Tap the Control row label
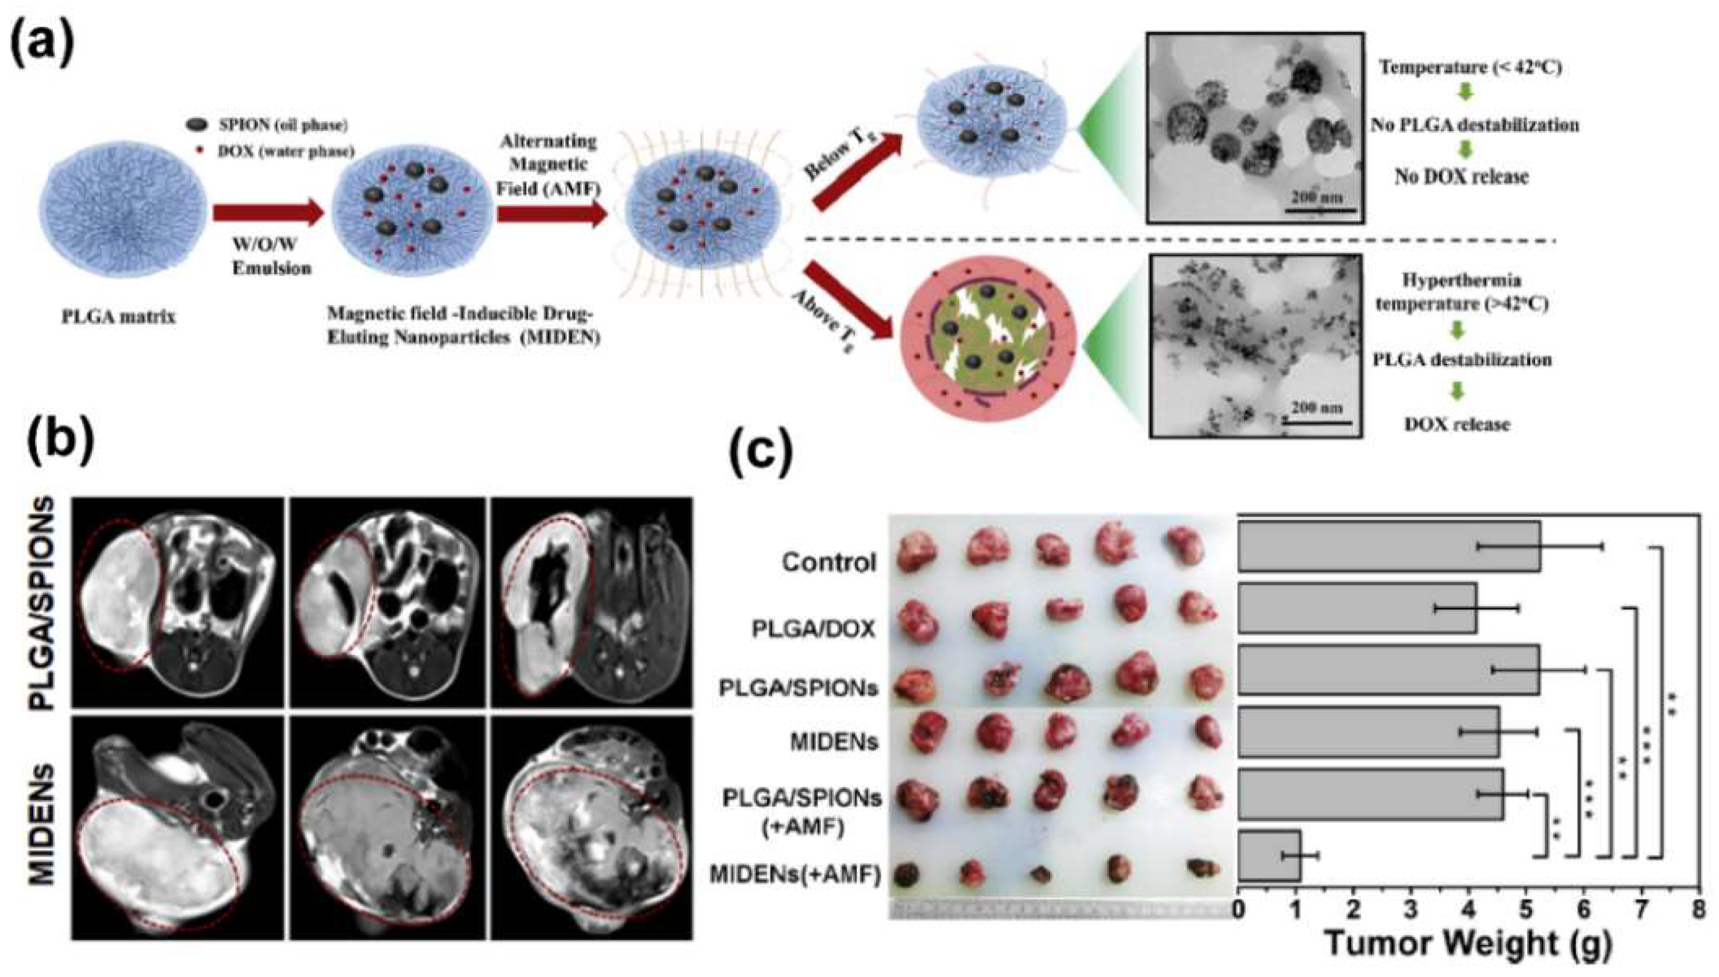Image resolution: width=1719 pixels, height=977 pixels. tap(829, 562)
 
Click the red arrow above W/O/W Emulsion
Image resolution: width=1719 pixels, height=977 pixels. tap(268, 214)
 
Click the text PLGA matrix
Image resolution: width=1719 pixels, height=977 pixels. tap(119, 317)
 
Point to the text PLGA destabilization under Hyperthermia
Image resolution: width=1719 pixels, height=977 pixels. tap(1462, 360)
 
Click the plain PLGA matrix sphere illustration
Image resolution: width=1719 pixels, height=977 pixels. tap(119, 214)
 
